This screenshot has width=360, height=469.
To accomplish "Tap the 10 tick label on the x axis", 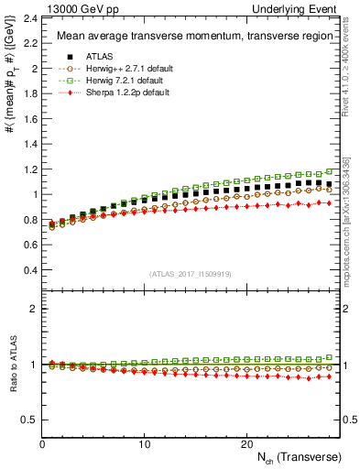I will [144, 443].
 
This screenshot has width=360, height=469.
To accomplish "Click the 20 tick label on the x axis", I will [245, 443].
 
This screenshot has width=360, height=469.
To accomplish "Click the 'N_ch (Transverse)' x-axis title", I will [299, 456].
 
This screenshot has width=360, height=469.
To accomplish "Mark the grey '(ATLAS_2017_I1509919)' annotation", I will [191, 274].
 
